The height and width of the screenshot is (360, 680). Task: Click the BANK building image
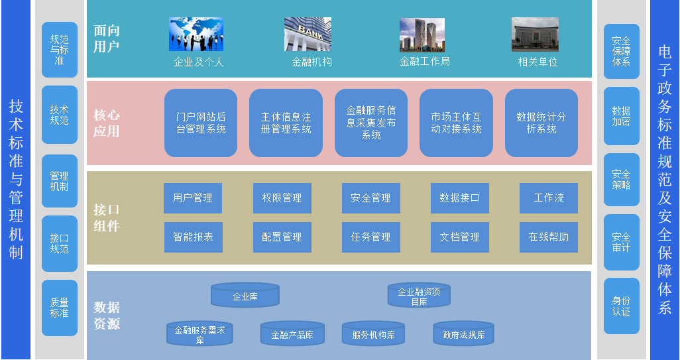pyautogui.click(x=308, y=34)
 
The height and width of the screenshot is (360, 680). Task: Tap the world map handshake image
pyautogui.click(x=196, y=34)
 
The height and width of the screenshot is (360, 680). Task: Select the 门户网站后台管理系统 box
pyautogui.click(x=201, y=123)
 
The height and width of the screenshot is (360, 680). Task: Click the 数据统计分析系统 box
pyautogui.click(x=541, y=123)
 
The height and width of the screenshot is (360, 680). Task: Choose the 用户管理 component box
pyautogui.click(x=193, y=198)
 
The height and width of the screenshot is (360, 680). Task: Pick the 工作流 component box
pyautogui.click(x=549, y=198)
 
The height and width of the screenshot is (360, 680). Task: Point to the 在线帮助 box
pyautogui.click(x=549, y=237)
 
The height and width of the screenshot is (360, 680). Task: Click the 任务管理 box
pyautogui.click(x=371, y=237)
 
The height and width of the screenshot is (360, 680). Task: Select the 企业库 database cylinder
pyautogui.click(x=245, y=296)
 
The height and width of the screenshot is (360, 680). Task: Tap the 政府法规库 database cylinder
pyautogui.click(x=464, y=334)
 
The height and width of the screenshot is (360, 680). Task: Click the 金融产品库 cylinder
pyautogui.click(x=292, y=334)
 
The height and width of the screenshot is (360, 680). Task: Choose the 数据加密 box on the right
pyautogui.click(x=621, y=116)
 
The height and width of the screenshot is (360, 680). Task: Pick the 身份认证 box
pyautogui.click(x=621, y=306)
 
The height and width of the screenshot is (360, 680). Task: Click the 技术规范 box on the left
pyautogui.click(x=60, y=115)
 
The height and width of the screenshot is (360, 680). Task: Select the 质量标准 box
pyautogui.click(x=60, y=308)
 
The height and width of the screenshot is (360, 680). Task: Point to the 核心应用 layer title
pyautogui.click(x=107, y=123)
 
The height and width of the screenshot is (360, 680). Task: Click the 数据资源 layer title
pyautogui.click(x=107, y=316)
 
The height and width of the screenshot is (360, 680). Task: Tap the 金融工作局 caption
pyautogui.click(x=425, y=62)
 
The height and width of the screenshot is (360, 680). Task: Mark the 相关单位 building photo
pyautogui.click(x=535, y=34)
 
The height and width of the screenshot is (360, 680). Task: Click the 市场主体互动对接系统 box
pyautogui.click(x=456, y=123)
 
